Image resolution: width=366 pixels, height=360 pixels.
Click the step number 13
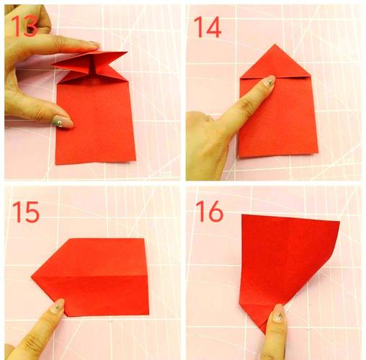(x=24, y=26)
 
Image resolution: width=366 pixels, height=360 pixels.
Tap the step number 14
(x=207, y=27)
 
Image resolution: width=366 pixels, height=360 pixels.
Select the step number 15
(x=26, y=212)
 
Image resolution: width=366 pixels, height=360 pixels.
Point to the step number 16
(x=210, y=211)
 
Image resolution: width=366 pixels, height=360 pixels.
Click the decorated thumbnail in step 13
(x=62, y=122)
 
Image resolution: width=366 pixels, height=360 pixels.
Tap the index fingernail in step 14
(x=269, y=81)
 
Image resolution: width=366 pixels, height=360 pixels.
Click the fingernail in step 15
(x=58, y=305)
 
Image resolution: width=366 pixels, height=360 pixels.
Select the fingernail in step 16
(x=279, y=313)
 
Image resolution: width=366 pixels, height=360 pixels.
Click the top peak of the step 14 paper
(x=275, y=45)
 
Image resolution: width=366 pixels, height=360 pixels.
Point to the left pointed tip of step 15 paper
(x=32, y=277)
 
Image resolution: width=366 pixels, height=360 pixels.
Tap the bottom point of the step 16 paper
(x=265, y=333)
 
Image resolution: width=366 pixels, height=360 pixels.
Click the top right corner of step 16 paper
(x=339, y=222)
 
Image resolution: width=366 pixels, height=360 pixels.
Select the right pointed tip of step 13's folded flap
(x=128, y=52)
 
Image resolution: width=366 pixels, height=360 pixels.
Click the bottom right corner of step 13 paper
(x=135, y=161)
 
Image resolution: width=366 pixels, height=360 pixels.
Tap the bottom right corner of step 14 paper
(x=318, y=152)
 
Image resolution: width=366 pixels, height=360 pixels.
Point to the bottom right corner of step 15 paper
(x=149, y=315)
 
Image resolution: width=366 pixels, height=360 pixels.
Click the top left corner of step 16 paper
(x=242, y=215)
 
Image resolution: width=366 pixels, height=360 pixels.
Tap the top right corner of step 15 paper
(x=144, y=238)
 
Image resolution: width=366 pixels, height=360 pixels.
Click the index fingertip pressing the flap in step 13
(x=95, y=45)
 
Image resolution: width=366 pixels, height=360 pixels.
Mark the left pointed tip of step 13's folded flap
(x=52, y=64)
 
